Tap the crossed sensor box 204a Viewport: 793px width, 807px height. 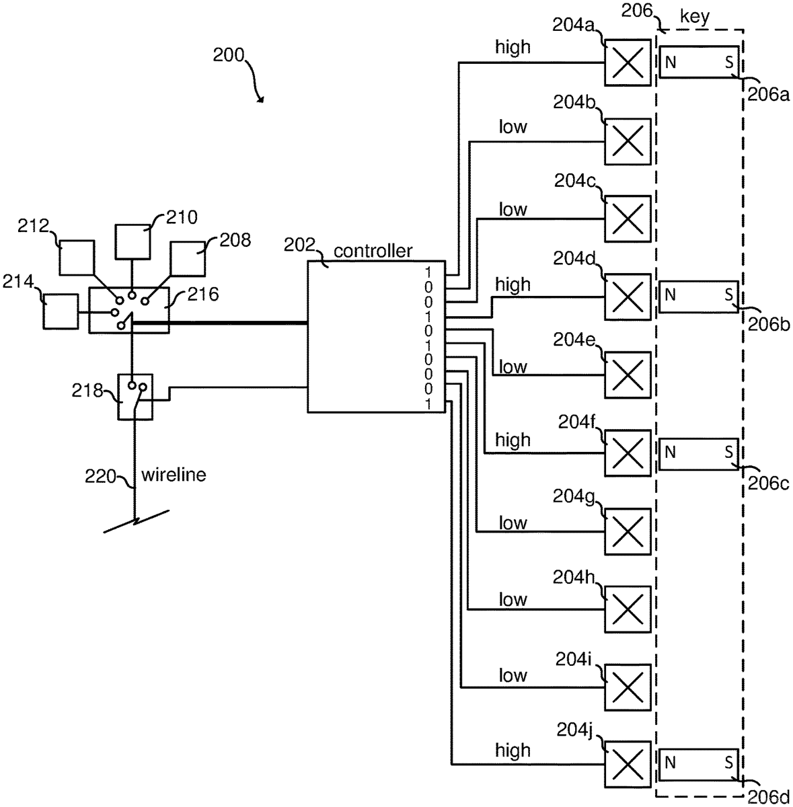click(628, 63)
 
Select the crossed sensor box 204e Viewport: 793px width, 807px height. click(628, 374)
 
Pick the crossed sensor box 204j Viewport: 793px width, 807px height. click(628, 764)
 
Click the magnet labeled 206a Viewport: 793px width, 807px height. click(699, 63)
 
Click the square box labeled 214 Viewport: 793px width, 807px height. click(60, 312)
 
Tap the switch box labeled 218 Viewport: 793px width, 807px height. click(136, 397)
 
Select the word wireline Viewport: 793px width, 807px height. click(174, 475)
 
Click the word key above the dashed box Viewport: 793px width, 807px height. click(695, 17)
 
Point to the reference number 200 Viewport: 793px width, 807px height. click(229, 55)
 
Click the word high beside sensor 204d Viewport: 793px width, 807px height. click(513, 285)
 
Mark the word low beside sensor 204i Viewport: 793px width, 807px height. click(513, 676)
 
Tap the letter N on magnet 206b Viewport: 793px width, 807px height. click(670, 295)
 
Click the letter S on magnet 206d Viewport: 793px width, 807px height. click(729, 763)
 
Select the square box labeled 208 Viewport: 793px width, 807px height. click(191, 258)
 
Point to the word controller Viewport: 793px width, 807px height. click(373, 252)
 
